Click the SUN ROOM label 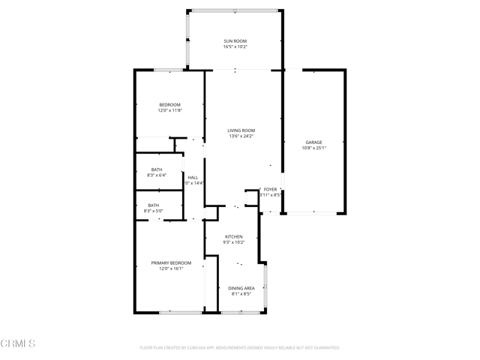(235, 40)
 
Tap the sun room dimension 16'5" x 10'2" (235, 46)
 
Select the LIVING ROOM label (241, 130)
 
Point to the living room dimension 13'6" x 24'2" (241, 136)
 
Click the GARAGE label (313, 142)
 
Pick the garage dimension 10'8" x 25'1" (313, 148)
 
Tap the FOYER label (270, 190)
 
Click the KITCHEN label (234, 237)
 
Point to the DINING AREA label (241, 288)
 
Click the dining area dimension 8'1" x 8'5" (241, 294)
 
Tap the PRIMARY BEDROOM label (171, 262)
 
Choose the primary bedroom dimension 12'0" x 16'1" (171, 268)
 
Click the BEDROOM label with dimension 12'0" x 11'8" (169, 104)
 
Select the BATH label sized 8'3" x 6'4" (156, 169)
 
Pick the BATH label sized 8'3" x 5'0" (153, 205)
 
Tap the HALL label (193, 177)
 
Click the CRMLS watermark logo (19, 344)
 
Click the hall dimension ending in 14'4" (194, 183)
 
